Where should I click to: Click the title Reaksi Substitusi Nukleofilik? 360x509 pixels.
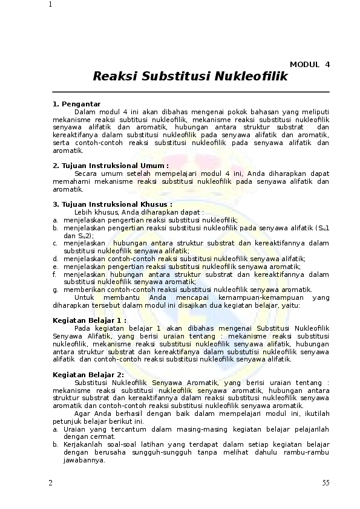tap(191, 77)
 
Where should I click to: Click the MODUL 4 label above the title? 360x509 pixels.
tap(310, 64)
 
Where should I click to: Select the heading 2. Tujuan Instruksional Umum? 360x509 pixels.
tap(111, 166)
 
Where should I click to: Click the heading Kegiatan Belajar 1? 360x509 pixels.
tap(90, 320)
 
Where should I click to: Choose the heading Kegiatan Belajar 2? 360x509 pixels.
tap(89, 374)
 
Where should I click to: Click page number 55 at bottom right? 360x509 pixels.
tap(326, 483)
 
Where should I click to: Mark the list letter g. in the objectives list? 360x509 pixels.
tap(55, 290)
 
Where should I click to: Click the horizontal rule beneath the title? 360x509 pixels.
tap(191, 92)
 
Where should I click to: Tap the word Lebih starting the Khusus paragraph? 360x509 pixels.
tap(83, 212)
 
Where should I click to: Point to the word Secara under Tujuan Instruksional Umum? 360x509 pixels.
tap(86, 173)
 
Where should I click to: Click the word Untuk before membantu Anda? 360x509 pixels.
tap(85, 297)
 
